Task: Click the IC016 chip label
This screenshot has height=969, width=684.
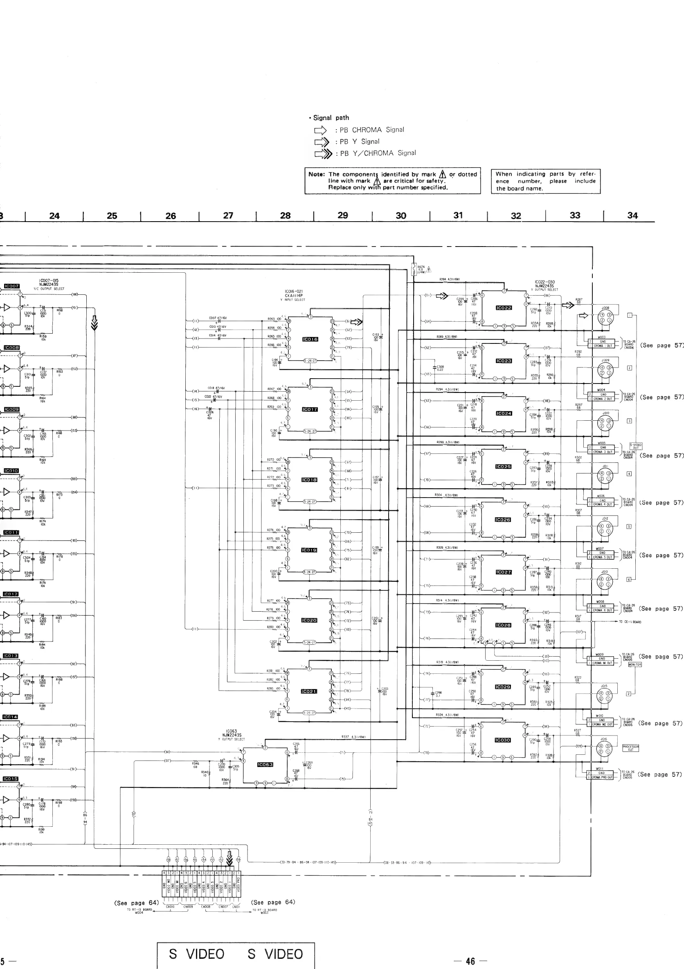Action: pyautogui.click(x=310, y=339)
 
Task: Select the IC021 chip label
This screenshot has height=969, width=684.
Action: pyautogui.click(x=309, y=691)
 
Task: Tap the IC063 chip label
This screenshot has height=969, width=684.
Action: pyautogui.click(x=265, y=765)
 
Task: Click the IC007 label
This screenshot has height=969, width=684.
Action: pyautogui.click(x=12, y=286)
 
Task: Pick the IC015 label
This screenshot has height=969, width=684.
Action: pyautogui.click(x=11, y=778)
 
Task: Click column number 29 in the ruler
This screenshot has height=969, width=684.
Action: pyautogui.click(x=343, y=215)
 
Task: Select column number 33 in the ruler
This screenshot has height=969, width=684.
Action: pyautogui.click(x=575, y=215)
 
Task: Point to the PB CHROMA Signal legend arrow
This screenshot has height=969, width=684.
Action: pyautogui.click(x=320, y=130)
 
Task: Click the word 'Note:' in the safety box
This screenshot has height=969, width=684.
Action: pyautogui.click(x=317, y=174)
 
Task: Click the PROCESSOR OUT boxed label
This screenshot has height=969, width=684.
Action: pyautogui.click(x=631, y=748)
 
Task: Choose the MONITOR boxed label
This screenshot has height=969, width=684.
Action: pyautogui.click(x=634, y=665)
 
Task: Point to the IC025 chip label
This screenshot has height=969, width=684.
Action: pyautogui.click(x=503, y=467)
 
